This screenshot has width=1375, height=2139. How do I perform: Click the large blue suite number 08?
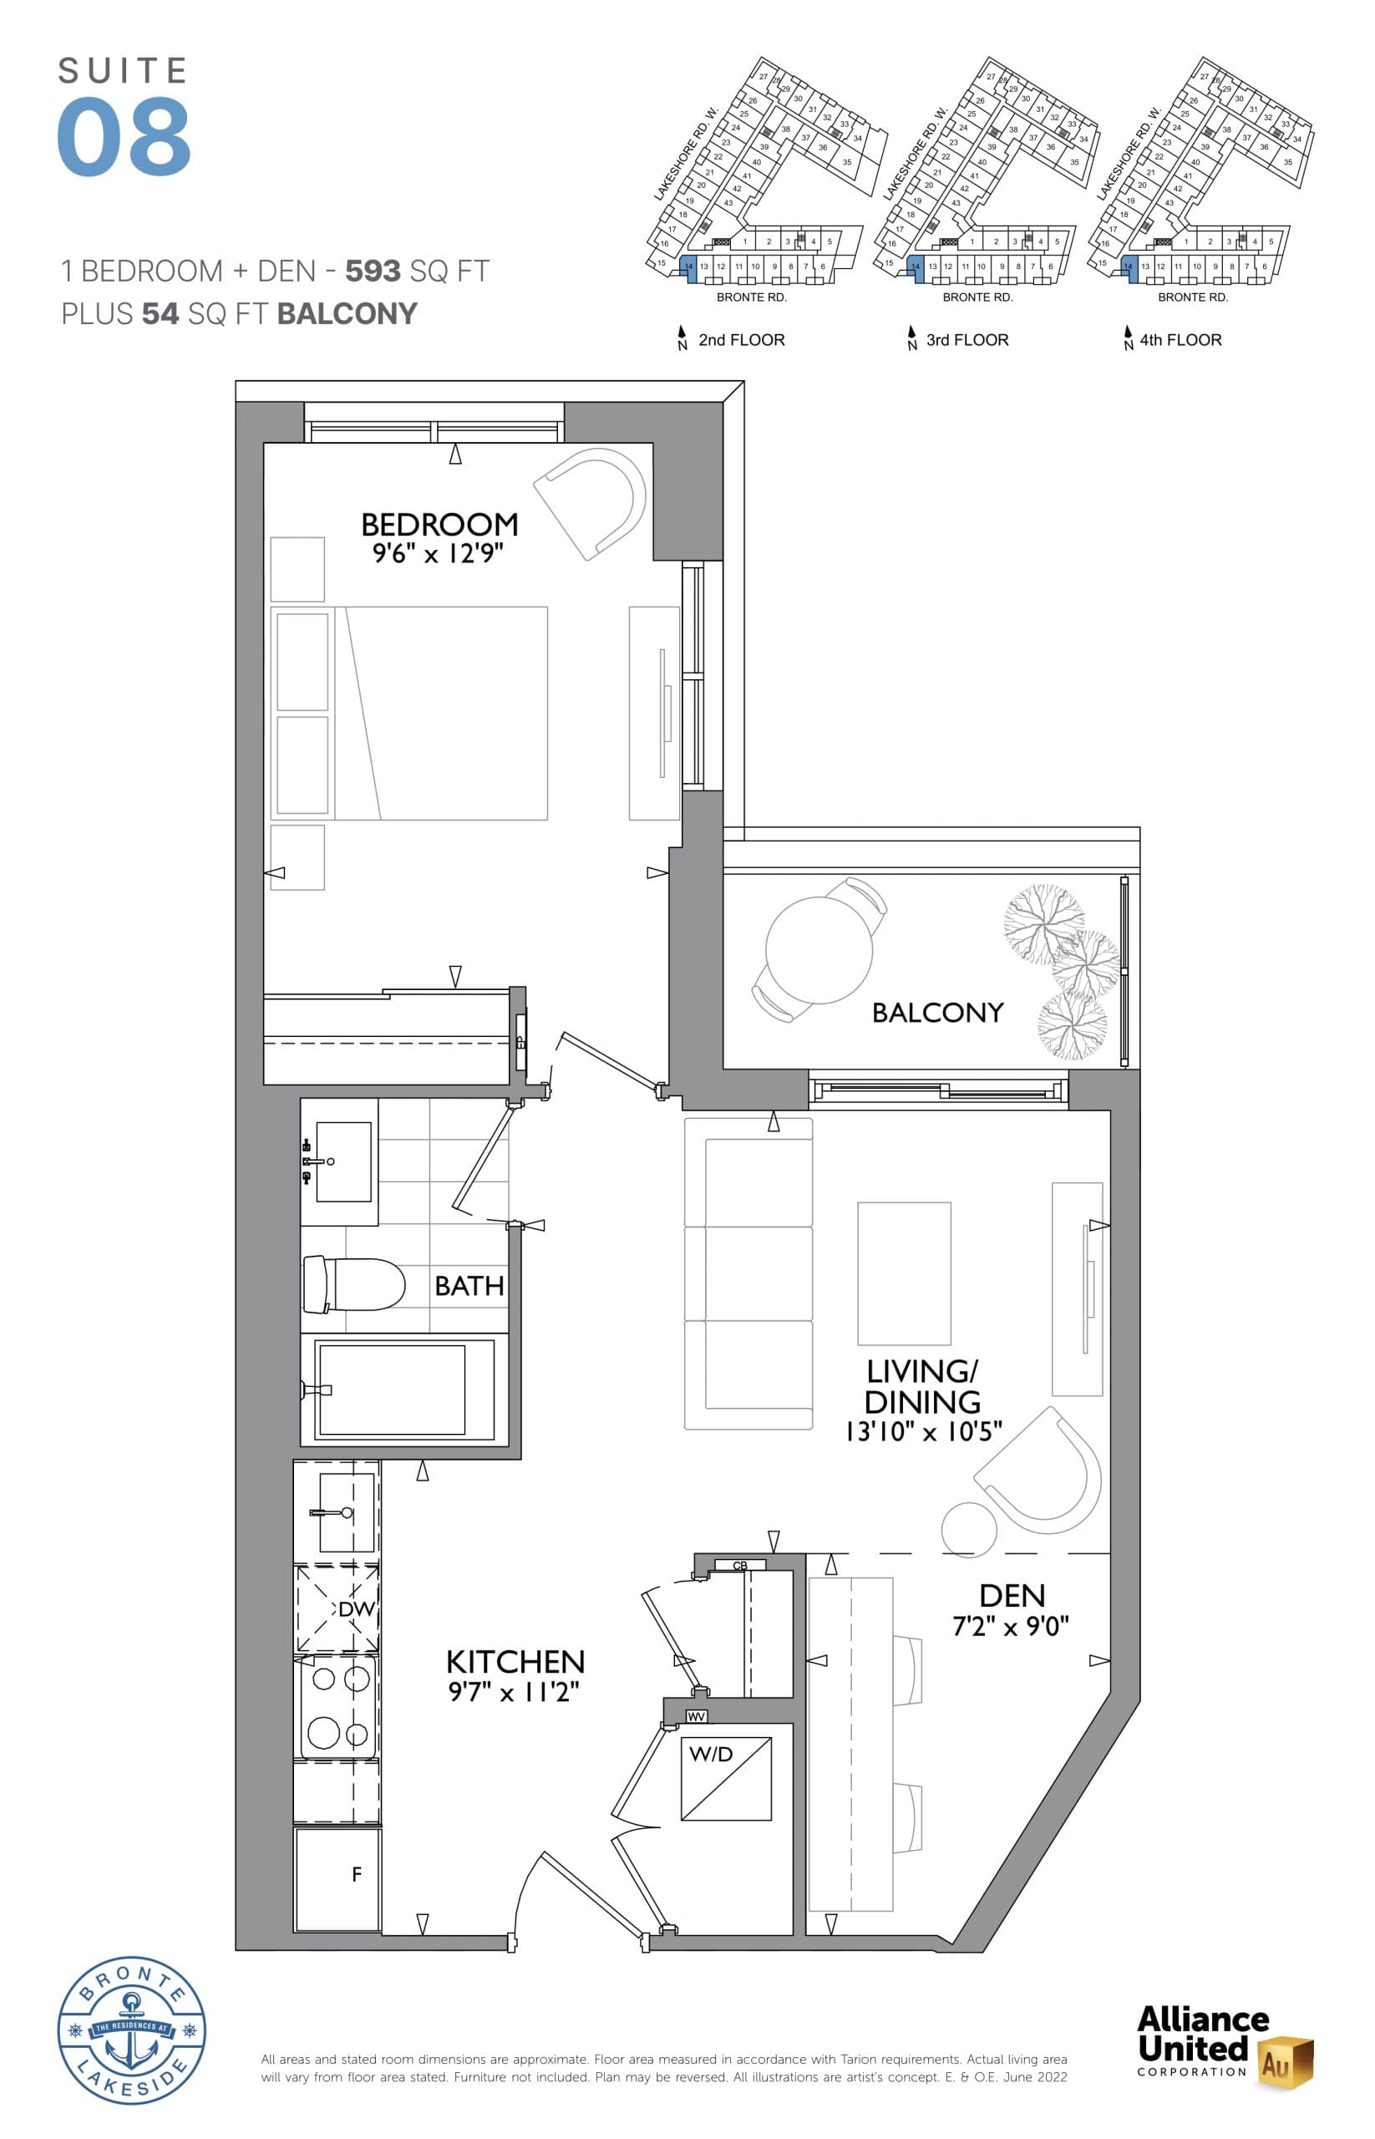pyautogui.click(x=124, y=138)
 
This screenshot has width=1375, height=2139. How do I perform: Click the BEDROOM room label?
pyautogui.click(x=439, y=523)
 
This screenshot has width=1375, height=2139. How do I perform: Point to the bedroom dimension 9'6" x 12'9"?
pyautogui.click(x=438, y=554)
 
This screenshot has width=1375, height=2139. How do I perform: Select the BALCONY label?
pyautogui.click(x=936, y=1012)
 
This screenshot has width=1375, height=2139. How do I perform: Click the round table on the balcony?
pyautogui.click(x=818, y=949)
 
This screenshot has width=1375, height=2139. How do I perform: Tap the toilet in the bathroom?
pyautogui.click(x=353, y=1284)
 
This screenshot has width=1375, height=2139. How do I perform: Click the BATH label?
pyautogui.click(x=469, y=1285)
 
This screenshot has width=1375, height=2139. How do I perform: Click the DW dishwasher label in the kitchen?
pyautogui.click(x=355, y=1608)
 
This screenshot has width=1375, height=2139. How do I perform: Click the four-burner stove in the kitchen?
pyautogui.click(x=337, y=1707)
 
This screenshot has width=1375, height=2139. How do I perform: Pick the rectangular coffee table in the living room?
pyautogui.click(x=904, y=1273)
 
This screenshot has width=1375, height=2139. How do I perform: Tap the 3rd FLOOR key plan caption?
pyautogui.click(x=967, y=339)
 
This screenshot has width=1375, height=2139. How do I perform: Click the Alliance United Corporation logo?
pyautogui.click(x=1222, y=2045)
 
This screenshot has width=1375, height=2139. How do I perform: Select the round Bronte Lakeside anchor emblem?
pyautogui.click(x=132, y=2030)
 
